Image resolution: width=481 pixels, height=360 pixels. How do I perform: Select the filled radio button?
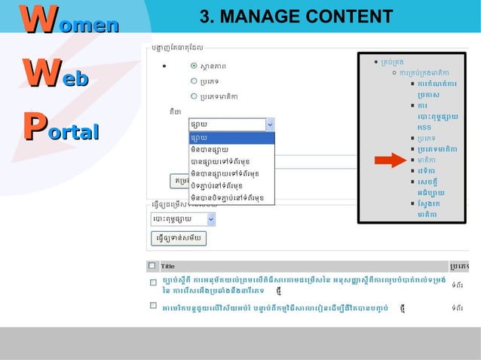tap(194, 66)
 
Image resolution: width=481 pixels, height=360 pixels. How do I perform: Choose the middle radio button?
tap(194, 81)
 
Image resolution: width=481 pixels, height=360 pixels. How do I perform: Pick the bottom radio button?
tap(194, 96)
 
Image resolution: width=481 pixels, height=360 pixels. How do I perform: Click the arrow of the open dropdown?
tap(270, 125)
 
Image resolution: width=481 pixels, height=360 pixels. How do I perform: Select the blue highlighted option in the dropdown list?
tap(231, 138)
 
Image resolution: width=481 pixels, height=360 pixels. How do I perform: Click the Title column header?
tap(167, 266)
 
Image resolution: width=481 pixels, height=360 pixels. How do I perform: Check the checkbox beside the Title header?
tap(152, 266)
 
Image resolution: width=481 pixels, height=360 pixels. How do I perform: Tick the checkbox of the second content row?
tap(152, 307)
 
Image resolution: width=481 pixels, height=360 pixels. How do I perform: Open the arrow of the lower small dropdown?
tap(210, 219)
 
